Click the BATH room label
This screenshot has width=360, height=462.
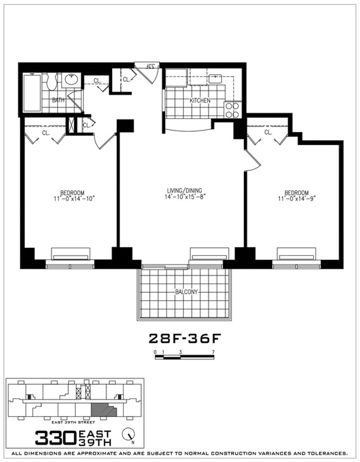tap(58, 100)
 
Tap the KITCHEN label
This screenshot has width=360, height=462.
tap(200, 100)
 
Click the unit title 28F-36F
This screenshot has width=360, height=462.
tap(185, 337)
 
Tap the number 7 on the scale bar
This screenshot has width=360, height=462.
tap(213, 351)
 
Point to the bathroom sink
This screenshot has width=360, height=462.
tap(71, 80)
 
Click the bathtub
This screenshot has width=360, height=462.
tap(31, 92)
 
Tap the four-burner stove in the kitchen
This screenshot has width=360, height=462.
tap(232, 110)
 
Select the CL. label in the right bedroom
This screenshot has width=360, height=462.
tap(268, 132)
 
